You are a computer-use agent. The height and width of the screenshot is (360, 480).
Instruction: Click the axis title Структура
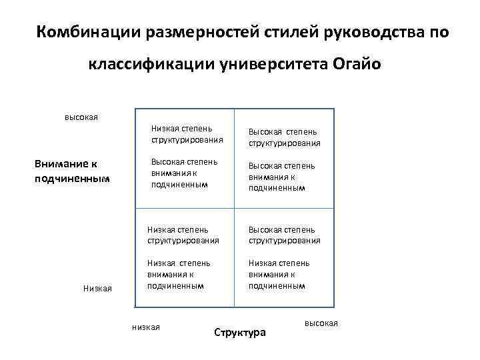(x=239, y=332)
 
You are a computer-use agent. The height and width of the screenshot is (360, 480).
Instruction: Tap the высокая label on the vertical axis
(x=81, y=117)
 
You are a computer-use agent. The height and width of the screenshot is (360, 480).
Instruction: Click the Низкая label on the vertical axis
(x=97, y=288)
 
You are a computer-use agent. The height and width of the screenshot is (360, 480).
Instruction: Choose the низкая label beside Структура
(x=146, y=326)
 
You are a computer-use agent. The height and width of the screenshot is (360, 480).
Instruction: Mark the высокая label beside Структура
(x=321, y=323)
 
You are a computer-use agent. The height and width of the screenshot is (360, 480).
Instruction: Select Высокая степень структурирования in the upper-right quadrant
(x=285, y=137)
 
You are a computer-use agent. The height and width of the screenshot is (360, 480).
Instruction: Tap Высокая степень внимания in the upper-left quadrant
(x=184, y=173)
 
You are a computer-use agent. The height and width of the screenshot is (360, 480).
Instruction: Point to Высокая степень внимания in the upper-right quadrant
(x=282, y=177)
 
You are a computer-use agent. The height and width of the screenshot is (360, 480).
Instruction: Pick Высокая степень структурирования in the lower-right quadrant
(x=285, y=235)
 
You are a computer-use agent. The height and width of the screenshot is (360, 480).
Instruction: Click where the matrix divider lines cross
(x=233, y=209)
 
